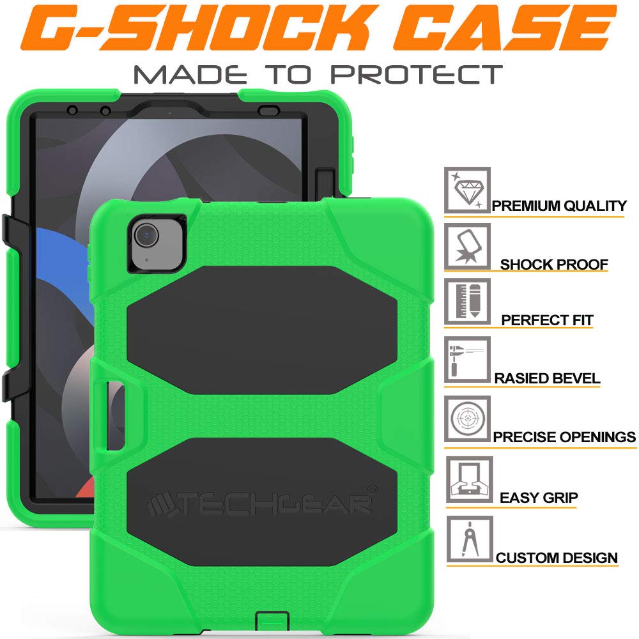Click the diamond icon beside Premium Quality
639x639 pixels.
(467, 190)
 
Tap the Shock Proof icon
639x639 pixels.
(467, 246)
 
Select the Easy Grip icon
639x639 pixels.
(467, 479)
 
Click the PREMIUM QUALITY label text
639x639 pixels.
(559, 206)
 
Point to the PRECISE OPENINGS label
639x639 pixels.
(564, 437)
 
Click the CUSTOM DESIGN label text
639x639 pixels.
(557, 557)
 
